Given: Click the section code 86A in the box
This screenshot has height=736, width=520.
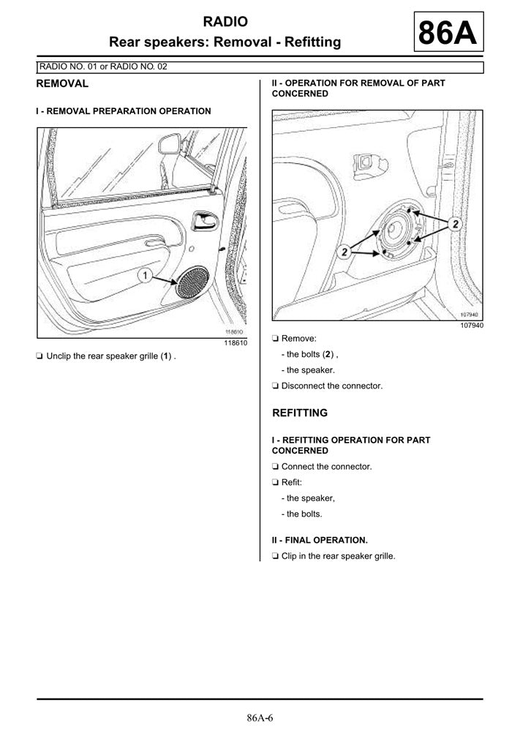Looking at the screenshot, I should [448, 34].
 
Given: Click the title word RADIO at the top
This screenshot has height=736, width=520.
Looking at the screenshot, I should [225, 22].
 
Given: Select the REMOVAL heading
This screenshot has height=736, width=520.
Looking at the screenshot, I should [62, 83].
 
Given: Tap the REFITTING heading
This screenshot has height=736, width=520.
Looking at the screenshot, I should [300, 413].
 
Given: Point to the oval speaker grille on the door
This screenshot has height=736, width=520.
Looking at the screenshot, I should [192, 282].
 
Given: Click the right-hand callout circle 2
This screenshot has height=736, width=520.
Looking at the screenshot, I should [455, 224].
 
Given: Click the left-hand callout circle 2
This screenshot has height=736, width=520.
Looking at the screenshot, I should [343, 252].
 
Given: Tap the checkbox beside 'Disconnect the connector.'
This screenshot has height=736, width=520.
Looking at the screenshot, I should [275, 386].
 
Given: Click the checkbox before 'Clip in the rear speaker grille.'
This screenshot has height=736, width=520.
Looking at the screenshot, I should [275, 556].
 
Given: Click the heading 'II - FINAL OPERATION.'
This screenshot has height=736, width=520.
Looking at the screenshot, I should [320, 540].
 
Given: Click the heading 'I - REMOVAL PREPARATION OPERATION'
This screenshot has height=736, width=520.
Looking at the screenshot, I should [124, 111].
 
